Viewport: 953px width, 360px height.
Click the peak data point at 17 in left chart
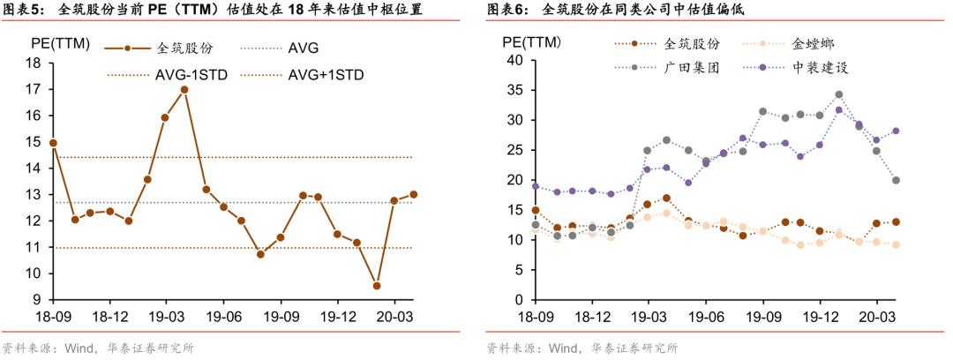184,89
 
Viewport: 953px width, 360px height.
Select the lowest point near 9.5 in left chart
377,286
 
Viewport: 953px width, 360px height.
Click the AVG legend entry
304,48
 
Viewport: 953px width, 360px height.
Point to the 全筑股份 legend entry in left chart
184,48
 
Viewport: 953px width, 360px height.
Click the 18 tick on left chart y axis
34,63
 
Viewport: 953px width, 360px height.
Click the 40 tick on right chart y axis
516,60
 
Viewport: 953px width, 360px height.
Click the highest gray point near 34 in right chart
838,94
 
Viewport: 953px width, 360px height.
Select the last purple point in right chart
896,131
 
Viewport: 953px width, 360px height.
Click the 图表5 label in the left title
21,10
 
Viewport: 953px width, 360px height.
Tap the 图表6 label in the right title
506,10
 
